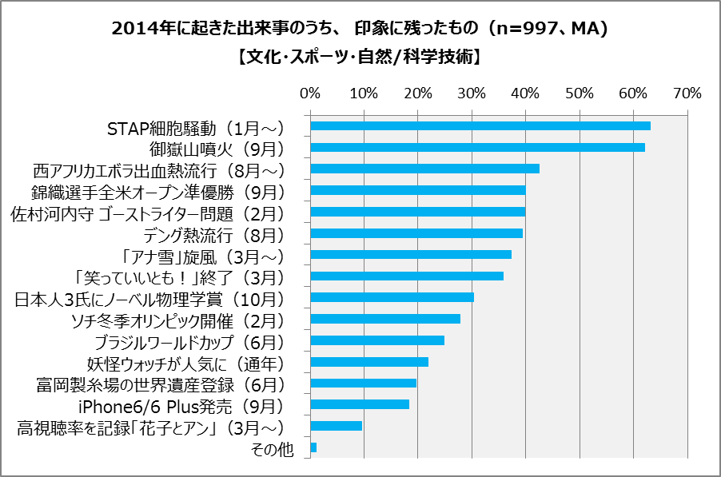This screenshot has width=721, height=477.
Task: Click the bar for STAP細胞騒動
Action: [480, 126]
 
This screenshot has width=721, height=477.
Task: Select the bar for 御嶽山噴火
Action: [477, 147]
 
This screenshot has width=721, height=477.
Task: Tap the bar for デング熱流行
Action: [416, 233]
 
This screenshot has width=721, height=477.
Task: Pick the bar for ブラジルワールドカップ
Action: [377, 340]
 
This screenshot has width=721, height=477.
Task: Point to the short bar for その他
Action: [313, 447]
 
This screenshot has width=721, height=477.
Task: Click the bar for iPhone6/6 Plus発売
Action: [360, 404]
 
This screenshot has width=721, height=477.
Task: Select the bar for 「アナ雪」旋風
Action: [411, 255]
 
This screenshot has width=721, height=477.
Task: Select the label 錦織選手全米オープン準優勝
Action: [158, 193]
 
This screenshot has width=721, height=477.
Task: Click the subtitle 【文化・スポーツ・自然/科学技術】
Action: [360, 57]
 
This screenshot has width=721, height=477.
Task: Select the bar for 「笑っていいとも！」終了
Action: [407, 276]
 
